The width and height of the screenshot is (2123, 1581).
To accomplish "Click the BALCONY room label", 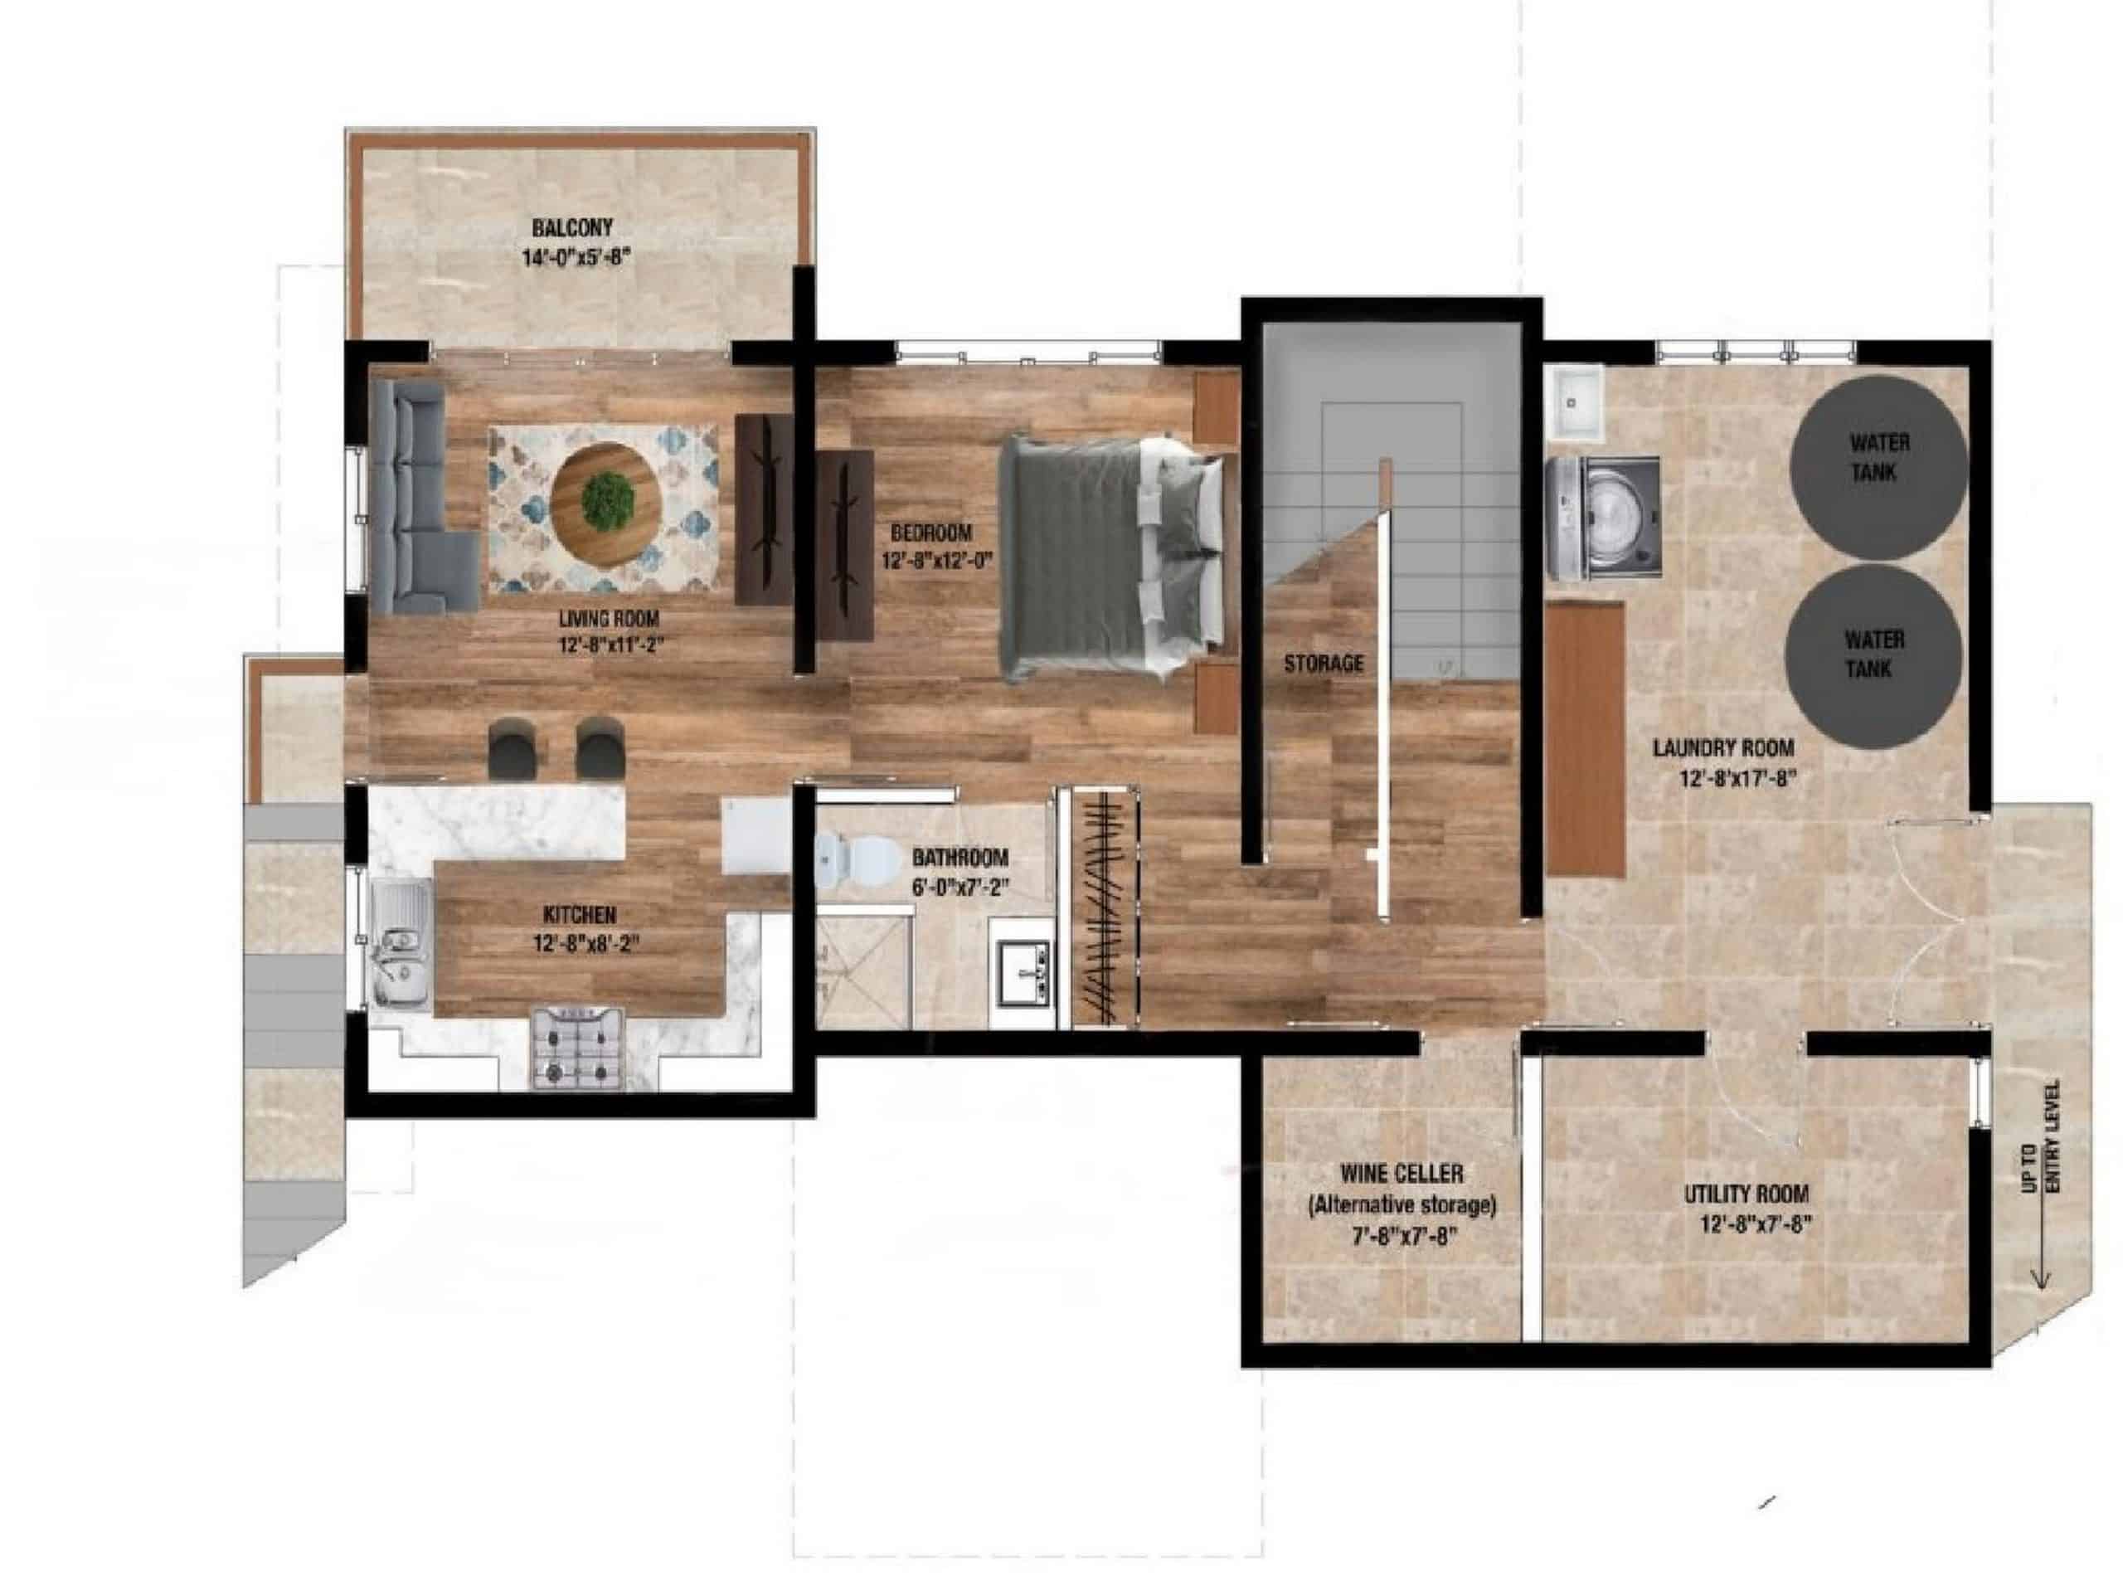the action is click(572, 228).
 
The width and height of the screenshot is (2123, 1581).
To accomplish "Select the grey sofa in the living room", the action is click(421, 497).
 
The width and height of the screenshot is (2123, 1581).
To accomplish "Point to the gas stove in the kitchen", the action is click(578, 1047).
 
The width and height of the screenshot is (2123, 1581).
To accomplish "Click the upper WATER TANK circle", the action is click(1878, 468).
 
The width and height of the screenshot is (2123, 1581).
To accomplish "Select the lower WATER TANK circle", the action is click(1873, 655).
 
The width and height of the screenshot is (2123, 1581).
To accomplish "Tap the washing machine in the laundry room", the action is click(1602, 517).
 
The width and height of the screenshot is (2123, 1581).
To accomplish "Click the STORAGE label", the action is click(1324, 662).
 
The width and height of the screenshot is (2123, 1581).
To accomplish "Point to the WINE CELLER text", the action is click(1402, 1172).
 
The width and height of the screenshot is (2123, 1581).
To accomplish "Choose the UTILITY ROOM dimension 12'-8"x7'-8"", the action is click(1756, 1223).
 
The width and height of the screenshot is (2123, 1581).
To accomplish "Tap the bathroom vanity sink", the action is click(1023, 972).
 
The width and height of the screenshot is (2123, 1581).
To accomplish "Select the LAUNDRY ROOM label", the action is click(1723, 747).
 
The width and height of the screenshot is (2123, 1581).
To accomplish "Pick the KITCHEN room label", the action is click(580, 915).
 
